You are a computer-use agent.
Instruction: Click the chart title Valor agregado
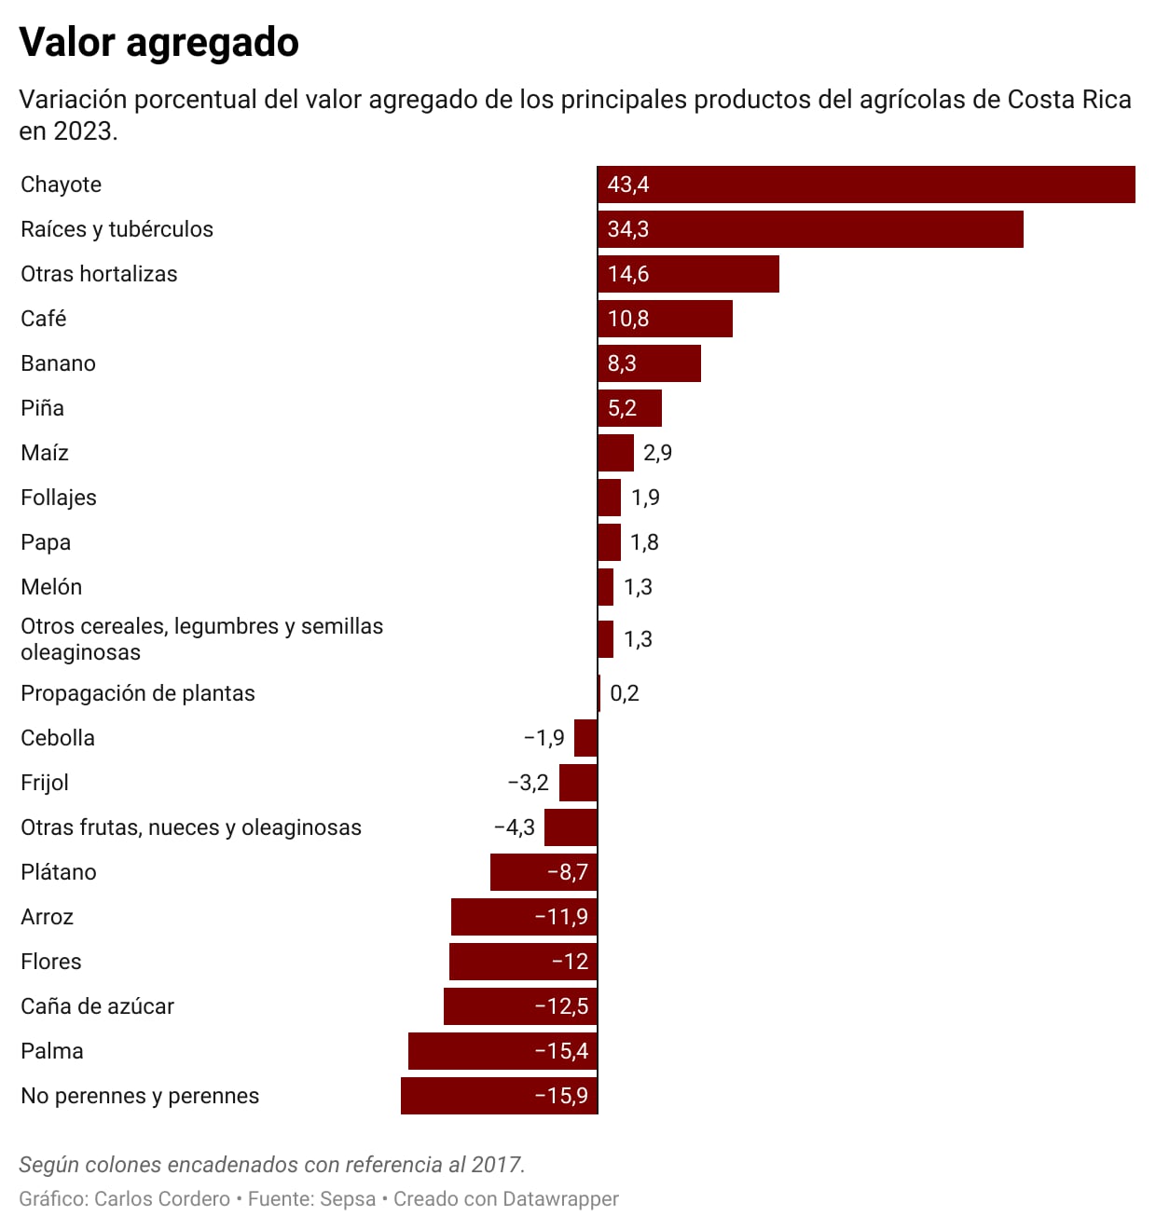159,43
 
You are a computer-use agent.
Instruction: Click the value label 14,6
628,274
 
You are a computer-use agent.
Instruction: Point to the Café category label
44,319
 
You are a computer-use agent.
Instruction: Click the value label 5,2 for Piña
622,408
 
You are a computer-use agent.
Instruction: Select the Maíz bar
615,453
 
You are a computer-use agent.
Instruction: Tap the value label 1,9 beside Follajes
645,498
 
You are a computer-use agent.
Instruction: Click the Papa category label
46,542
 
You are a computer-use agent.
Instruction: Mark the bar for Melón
606,587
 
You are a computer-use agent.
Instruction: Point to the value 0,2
625,693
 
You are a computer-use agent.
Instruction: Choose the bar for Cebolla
585,738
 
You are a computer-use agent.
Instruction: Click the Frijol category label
45,783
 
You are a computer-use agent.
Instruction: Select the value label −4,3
515,827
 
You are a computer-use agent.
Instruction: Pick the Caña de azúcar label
98,1006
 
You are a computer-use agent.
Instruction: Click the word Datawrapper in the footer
560,1199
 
